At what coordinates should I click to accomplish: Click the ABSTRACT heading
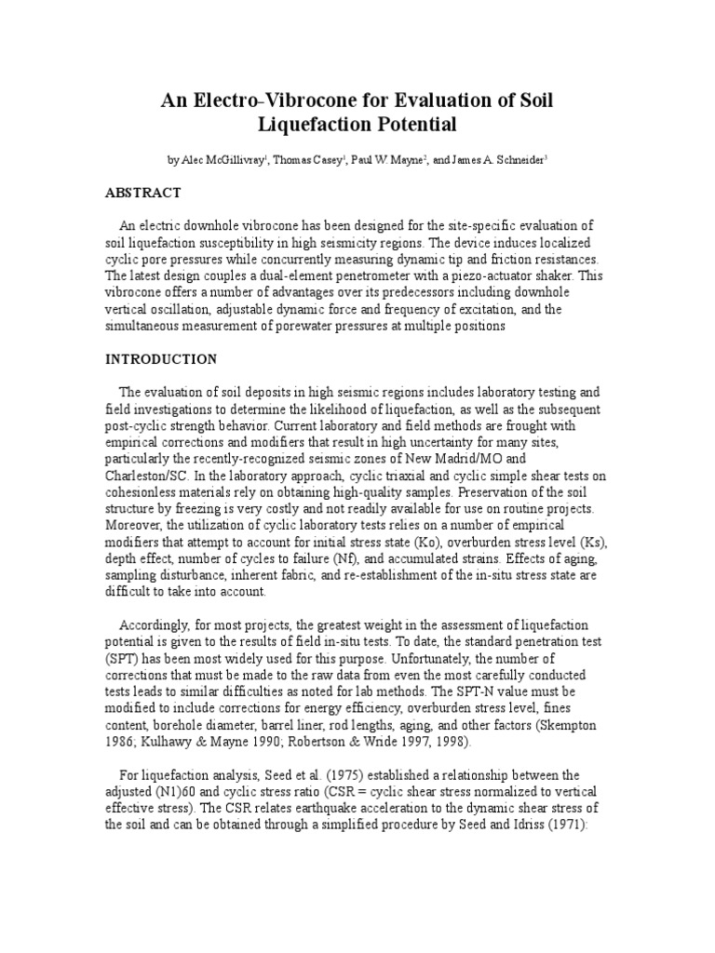point(142,193)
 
